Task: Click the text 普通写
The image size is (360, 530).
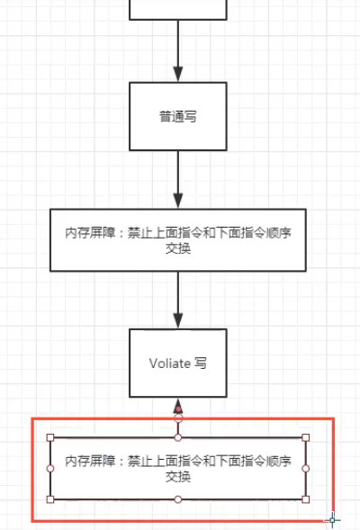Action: pyautogui.click(x=178, y=117)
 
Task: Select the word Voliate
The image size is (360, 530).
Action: pyautogui.click(x=170, y=364)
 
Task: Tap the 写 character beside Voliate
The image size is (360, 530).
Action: pyautogui.click(x=201, y=364)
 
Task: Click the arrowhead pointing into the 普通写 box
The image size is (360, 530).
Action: pyautogui.click(x=178, y=74)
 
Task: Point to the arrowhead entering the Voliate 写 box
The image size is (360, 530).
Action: pyautogui.click(x=178, y=320)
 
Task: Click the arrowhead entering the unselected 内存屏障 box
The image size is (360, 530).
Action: pyautogui.click(x=178, y=201)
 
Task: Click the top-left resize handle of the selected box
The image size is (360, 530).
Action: pyautogui.click(x=50, y=437)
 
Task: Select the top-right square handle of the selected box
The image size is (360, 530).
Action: pyautogui.click(x=306, y=437)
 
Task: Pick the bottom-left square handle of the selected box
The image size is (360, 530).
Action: pyautogui.click(x=50, y=499)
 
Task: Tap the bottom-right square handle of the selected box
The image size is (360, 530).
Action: pyautogui.click(x=306, y=499)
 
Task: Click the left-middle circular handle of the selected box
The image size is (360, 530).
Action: pyautogui.click(x=50, y=469)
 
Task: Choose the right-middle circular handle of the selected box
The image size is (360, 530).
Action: pyautogui.click(x=306, y=469)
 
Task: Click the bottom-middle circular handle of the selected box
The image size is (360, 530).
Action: pyautogui.click(x=178, y=499)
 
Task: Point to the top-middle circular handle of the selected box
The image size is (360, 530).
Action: pyautogui.click(x=178, y=437)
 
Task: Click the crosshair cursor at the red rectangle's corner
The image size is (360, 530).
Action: pyautogui.click(x=333, y=520)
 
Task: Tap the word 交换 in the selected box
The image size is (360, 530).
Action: pyautogui.click(x=178, y=477)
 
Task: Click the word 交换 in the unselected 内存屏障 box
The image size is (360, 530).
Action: pyautogui.click(x=178, y=248)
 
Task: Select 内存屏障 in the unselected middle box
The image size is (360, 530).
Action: pyautogui.click(x=90, y=233)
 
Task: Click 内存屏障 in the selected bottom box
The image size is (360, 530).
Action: pyautogui.click(x=90, y=461)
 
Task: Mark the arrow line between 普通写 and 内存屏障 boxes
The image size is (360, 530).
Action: pyautogui.click(x=178, y=179)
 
